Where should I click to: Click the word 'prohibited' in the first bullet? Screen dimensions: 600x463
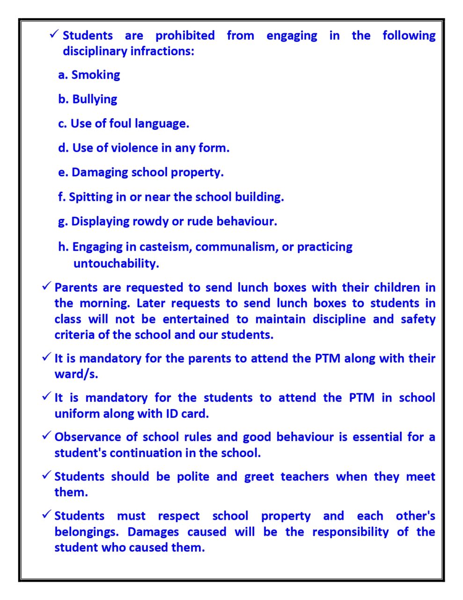coord(185,36)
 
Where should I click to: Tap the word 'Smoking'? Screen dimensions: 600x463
coord(96,75)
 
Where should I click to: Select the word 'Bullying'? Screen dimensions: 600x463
coord(95,99)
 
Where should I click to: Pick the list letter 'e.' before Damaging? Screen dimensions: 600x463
coord(63,172)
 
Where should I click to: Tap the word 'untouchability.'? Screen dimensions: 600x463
coord(116,263)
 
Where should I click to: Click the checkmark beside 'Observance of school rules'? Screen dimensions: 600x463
coord(46,435)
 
